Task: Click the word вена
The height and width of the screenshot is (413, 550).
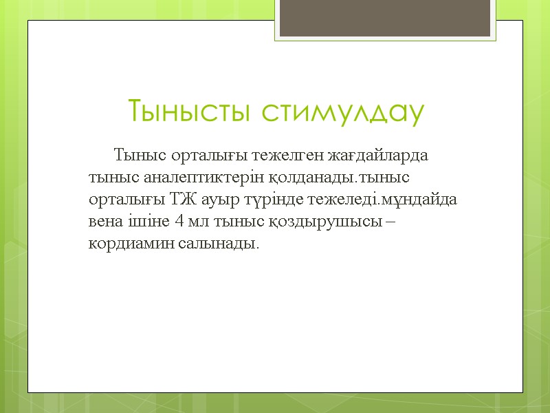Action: click(106, 222)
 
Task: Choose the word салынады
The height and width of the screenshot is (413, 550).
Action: click(211, 245)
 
